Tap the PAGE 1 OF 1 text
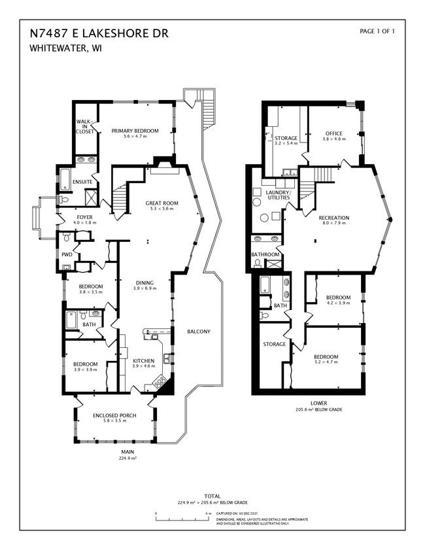pyautogui.click(x=377, y=31)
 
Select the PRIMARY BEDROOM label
pyautogui.click(x=135, y=131)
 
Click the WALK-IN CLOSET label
pyautogui.click(x=85, y=126)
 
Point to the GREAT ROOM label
pyautogui.click(x=161, y=203)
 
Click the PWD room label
pyautogui.click(x=67, y=254)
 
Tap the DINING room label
pyautogui.click(x=144, y=283)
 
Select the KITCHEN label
pyautogui.click(x=144, y=361)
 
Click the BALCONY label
pyautogui.click(x=198, y=332)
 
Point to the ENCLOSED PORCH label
pyautogui.click(x=114, y=415)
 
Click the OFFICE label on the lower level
pyautogui.click(x=333, y=133)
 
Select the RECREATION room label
pyautogui.click(x=333, y=218)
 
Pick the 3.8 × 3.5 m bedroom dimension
pyautogui.click(x=92, y=292)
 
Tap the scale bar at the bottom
pyautogui.click(x=182, y=519)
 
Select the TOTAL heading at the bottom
pyautogui.click(x=212, y=496)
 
